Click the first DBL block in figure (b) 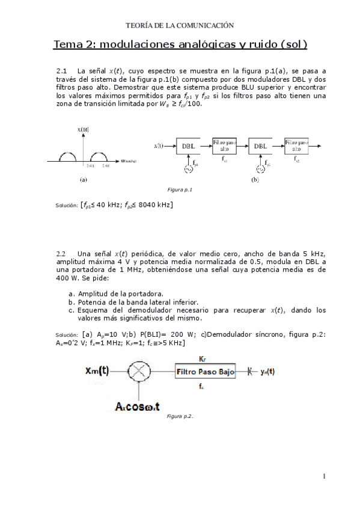[x=188, y=146]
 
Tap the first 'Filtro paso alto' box [x=224, y=145]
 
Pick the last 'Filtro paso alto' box [x=296, y=145]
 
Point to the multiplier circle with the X [x=139, y=371]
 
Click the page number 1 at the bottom [x=324, y=477]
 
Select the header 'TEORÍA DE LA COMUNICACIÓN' [x=179, y=25]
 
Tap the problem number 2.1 [x=61, y=70]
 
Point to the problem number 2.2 [x=61, y=253]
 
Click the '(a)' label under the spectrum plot [x=84, y=179]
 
